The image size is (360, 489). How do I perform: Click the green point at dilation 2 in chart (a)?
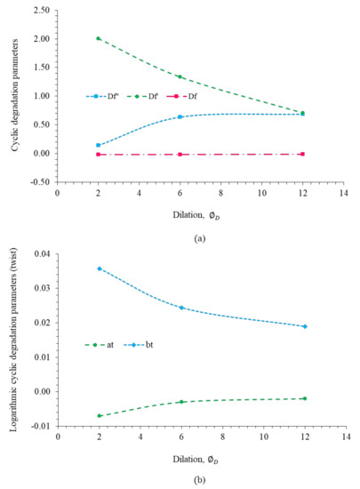coord(99,38)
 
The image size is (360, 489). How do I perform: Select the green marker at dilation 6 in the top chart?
coord(180,76)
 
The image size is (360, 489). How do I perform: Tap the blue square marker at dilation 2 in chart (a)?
coord(99,145)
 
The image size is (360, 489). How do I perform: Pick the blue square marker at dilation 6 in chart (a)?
coord(180,116)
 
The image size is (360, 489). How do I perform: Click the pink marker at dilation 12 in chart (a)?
coord(303,154)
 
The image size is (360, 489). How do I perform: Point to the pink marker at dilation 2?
coord(99,155)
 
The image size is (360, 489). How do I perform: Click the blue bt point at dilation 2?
coord(99,269)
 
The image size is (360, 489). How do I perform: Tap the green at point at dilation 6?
coord(180,402)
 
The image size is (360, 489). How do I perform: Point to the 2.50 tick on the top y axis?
coord(38,10)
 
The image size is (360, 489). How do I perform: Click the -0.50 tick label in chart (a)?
coord(38,181)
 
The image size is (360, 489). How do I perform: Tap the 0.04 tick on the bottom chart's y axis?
coord(41,253)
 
